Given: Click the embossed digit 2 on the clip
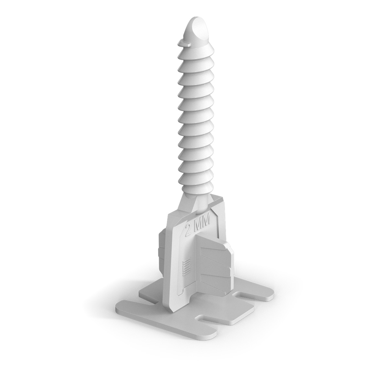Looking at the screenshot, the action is (x=189, y=230).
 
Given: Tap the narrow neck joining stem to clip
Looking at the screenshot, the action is (x=200, y=202).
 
